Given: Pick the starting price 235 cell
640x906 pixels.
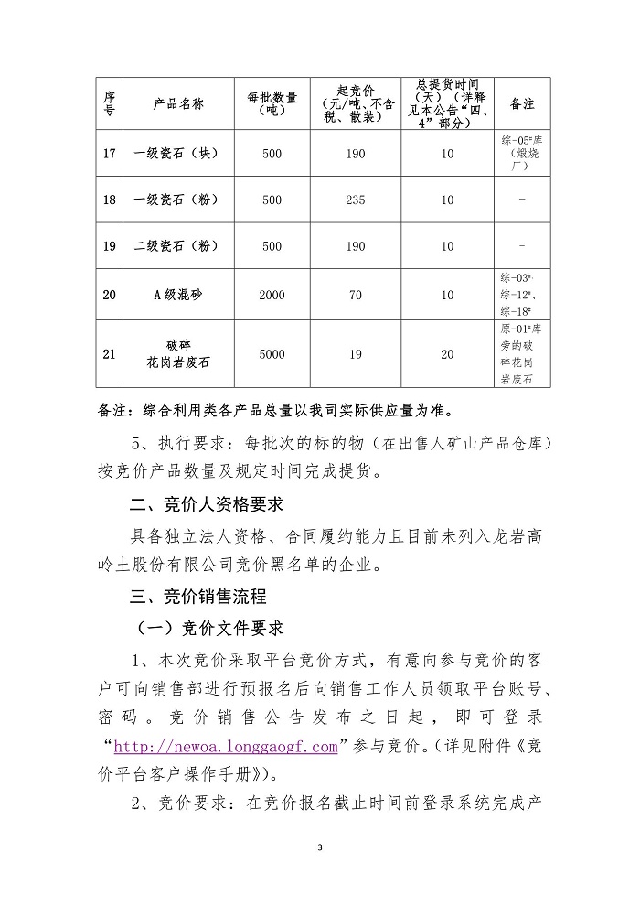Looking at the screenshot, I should pyautogui.click(x=355, y=200).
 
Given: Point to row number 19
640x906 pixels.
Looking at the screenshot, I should pyautogui.click(x=110, y=246).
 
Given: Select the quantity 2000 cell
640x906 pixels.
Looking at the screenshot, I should pyautogui.click(x=272, y=294).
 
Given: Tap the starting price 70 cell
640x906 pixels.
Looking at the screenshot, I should pyautogui.click(x=355, y=294).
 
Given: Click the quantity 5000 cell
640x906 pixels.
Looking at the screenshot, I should pyautogui.click(x=272, y=353).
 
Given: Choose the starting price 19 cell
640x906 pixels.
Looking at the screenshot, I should pyautogui.click(x=355, y=353).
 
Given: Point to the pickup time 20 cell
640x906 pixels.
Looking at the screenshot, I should pyautogui.click(x=447, y=353).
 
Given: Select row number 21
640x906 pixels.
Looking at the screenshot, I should pyautogui.click(x=110, y=353).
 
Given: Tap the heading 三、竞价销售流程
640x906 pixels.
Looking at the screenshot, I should pyautogui.click(x=199, y=596).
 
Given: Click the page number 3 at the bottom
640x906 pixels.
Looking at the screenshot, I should pyautogui.click(x=320, y=848).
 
